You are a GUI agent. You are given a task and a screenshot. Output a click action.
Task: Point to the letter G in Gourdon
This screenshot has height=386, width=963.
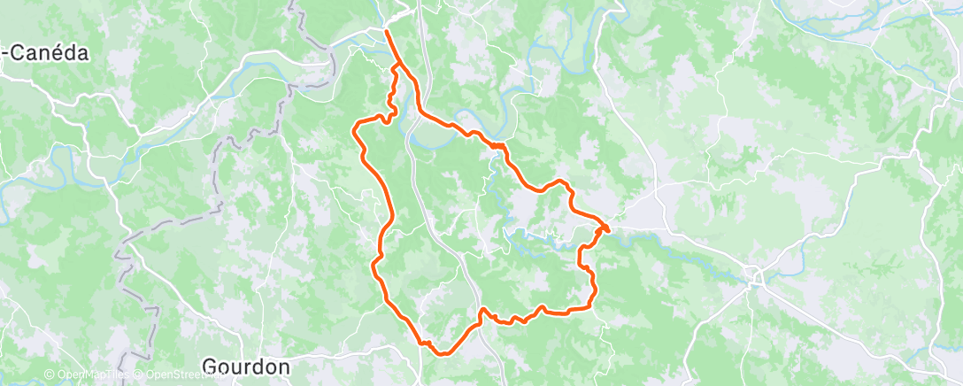(x=210, y=367)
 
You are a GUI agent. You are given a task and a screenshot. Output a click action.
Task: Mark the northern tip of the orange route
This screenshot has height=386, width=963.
(x=387, y=32)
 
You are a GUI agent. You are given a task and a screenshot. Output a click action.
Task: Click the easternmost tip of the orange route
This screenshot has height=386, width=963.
(x=608, y=230)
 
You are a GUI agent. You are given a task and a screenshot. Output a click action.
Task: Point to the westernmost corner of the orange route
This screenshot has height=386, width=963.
(x=354, y=129)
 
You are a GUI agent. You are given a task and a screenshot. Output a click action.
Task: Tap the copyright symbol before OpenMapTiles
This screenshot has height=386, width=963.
(x=49, y=375)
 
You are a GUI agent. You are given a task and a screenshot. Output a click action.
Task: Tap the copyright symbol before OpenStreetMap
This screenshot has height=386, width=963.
(x=139, y=375)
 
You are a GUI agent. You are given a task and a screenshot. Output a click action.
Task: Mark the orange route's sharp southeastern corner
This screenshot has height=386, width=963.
(x=591, y=305)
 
